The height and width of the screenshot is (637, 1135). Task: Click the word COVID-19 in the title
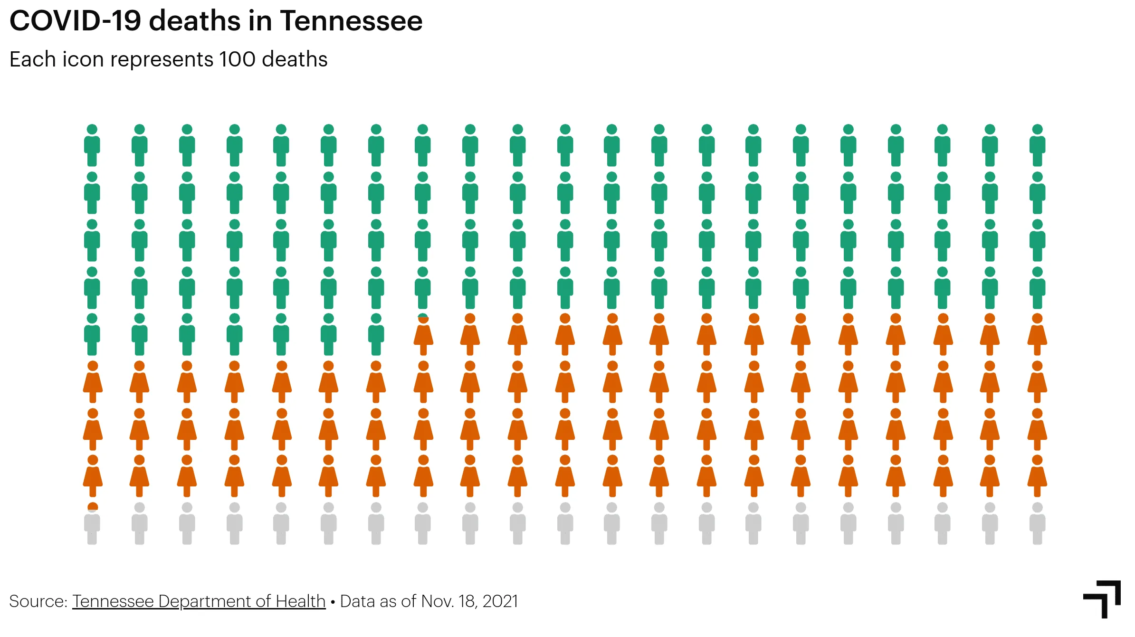(x=75, y=21)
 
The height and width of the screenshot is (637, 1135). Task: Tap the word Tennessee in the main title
(x=351, y=21)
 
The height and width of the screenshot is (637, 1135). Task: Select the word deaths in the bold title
(x=195, y=21)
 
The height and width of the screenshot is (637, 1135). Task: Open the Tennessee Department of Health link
(x=199, y=601)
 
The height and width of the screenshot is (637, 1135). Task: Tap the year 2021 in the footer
(x=500, y=601)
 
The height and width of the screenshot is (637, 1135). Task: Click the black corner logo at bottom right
(x=1103, y=599)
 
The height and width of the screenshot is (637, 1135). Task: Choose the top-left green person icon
(x=92, y=145)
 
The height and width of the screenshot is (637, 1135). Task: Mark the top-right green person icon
(x=1037, y=145)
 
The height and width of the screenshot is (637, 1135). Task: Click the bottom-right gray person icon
(x=1037, y=523)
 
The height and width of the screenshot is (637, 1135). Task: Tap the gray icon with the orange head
(x=92, y=523)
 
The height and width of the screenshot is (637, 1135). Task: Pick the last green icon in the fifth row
(x=376, y=334)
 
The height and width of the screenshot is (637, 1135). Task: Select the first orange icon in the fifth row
(x=423, y=335)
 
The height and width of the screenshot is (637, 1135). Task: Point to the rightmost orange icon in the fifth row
(x=1037, y=334)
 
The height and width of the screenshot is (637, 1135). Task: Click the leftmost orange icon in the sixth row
(x=93, y=382)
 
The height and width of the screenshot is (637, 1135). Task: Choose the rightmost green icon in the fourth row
(x=1037, y=288)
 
